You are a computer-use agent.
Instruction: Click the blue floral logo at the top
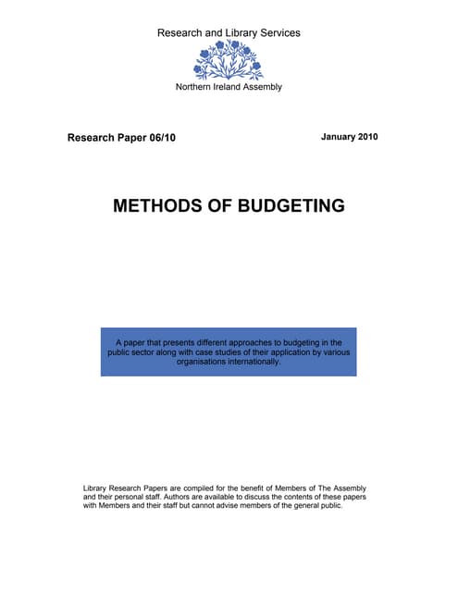(x=228, y=61)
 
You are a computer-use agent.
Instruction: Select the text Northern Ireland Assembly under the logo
(x=229, y=87)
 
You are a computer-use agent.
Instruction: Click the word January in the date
(x=337, y=137)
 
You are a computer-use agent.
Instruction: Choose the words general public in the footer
(x=316, y=506)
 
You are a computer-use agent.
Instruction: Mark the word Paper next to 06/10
(x=128, y=138)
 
